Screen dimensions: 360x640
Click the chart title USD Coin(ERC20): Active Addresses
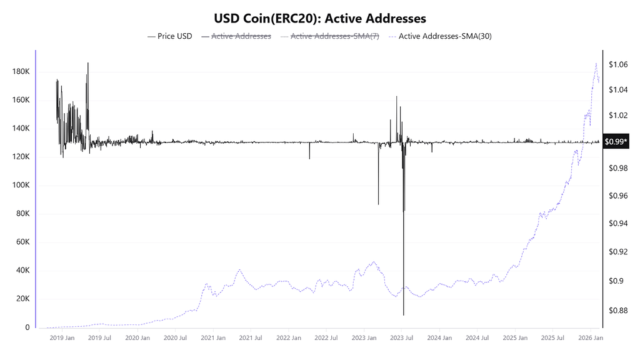point(320,19)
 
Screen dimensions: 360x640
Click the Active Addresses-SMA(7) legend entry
point(335,36)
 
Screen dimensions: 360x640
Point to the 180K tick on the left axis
point(21,72)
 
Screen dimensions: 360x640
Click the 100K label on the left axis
point(21,186)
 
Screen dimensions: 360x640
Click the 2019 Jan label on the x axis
point(62,338)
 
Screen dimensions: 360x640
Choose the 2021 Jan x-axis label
point(212,338)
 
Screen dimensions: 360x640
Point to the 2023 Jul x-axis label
point(401,338)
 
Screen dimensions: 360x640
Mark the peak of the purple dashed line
point(596,63)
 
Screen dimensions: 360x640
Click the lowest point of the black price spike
point(404,315)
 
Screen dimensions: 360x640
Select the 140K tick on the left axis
point(21,129)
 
